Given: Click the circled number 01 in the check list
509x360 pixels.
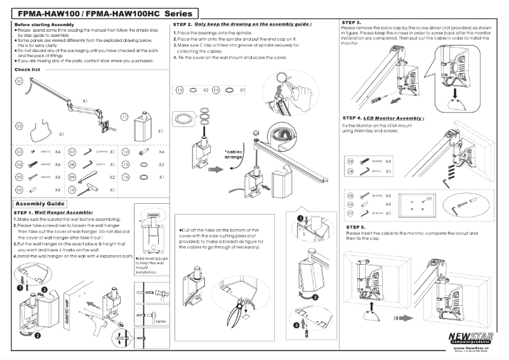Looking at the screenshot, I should pos(20,82).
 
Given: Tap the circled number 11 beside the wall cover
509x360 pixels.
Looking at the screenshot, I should pos(125,117).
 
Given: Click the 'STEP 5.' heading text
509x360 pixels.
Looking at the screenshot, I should pos(355,227).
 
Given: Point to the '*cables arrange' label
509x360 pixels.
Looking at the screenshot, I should pos(234,154).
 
